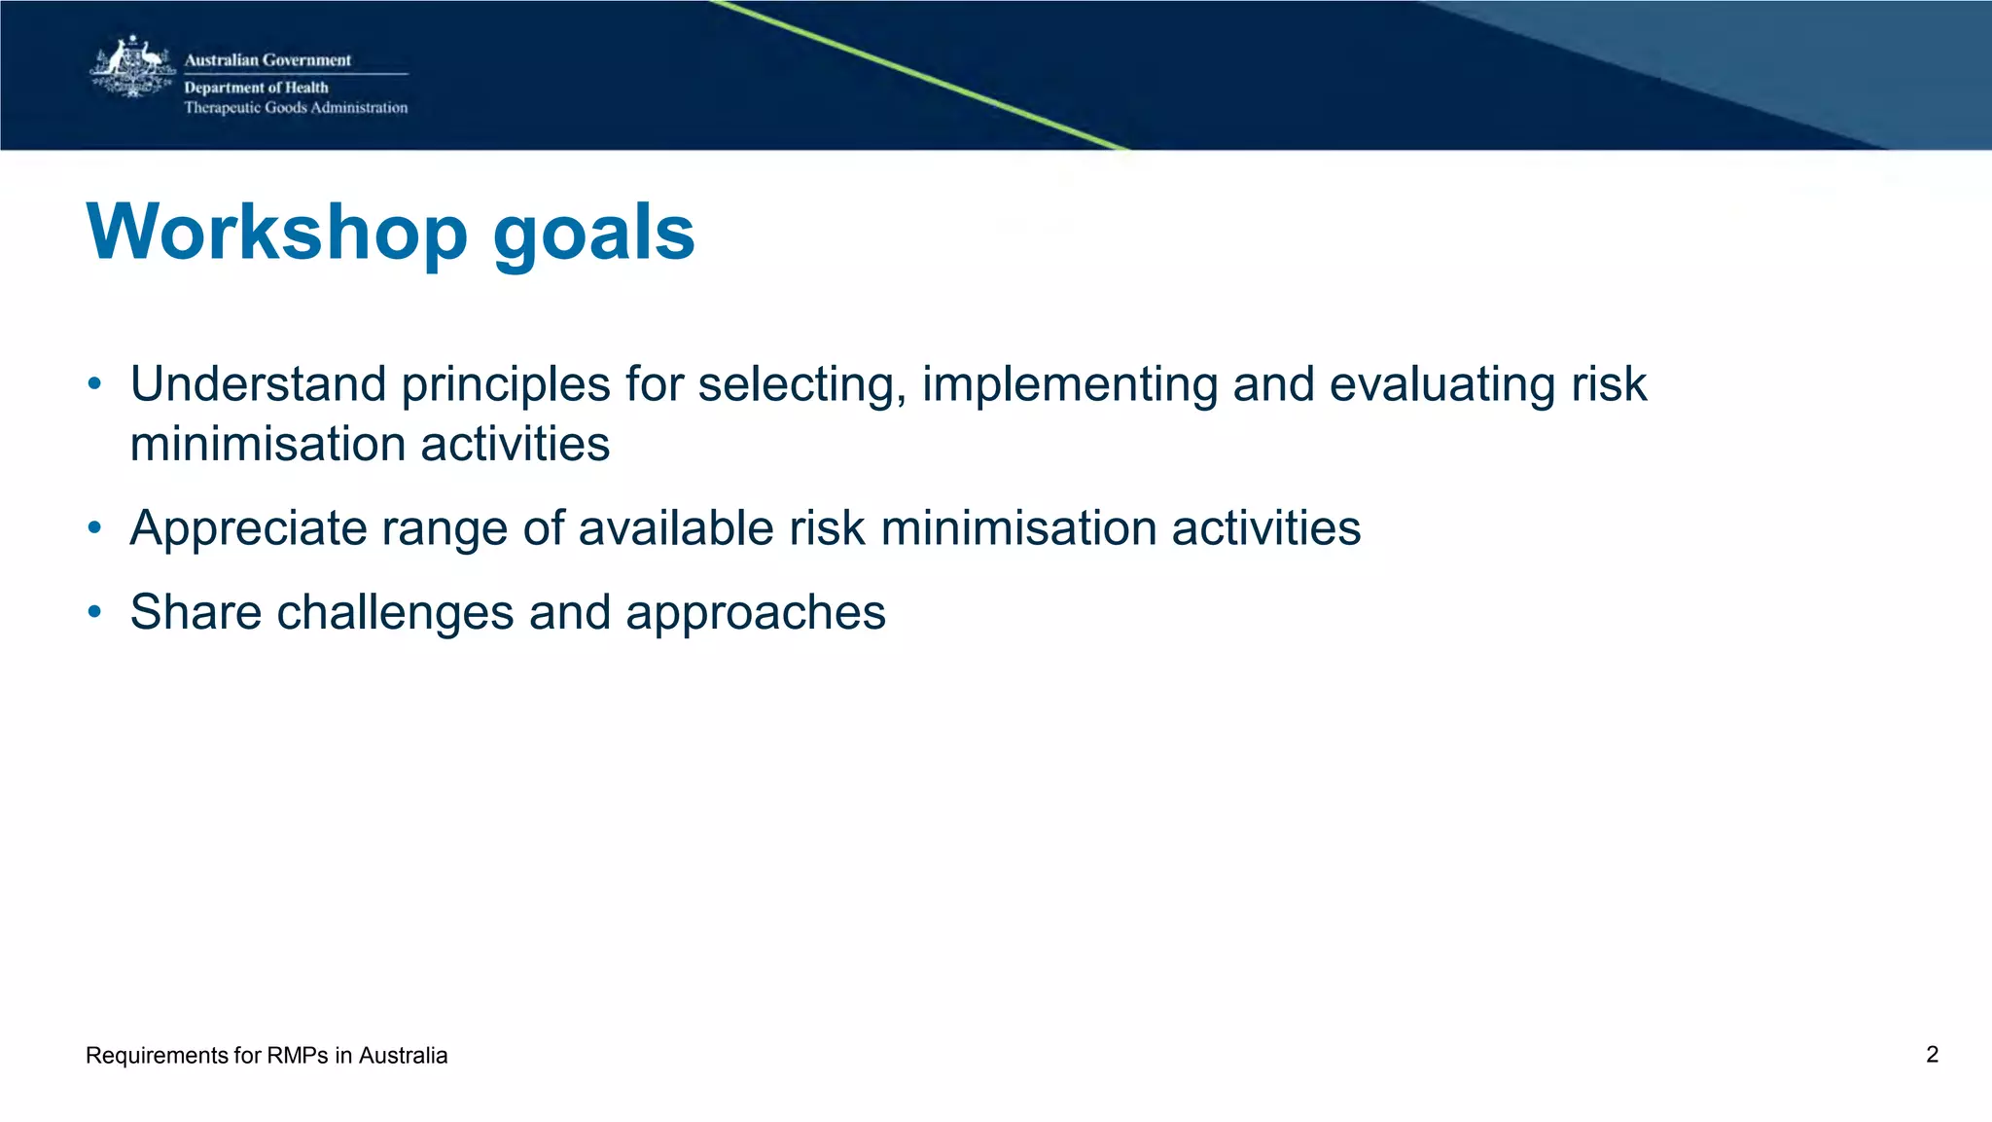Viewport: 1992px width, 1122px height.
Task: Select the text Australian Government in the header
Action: [x=267, y=60]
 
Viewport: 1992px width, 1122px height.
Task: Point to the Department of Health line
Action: [x=256, y=88]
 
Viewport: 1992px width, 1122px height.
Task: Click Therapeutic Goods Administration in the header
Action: [x=296, y=108]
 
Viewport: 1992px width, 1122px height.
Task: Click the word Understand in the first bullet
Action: [x=258, y=383]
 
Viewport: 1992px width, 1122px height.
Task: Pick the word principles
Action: [x=505, y=385]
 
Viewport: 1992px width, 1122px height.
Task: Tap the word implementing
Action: [x=1070, y=385]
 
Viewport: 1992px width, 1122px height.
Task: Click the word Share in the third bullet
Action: [x=196, y=612]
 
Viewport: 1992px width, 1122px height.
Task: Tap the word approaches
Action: [x=755, y=614]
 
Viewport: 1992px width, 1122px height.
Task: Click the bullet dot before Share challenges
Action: [x=94, y=612]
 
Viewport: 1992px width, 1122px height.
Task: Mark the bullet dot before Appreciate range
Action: [x=94, y=528]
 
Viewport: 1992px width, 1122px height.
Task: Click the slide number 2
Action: [x=1932, y=1055]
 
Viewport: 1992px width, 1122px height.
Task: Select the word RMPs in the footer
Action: [x=297, y=1056]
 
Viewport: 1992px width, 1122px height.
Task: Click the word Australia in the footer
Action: [x=403, y=1056]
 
